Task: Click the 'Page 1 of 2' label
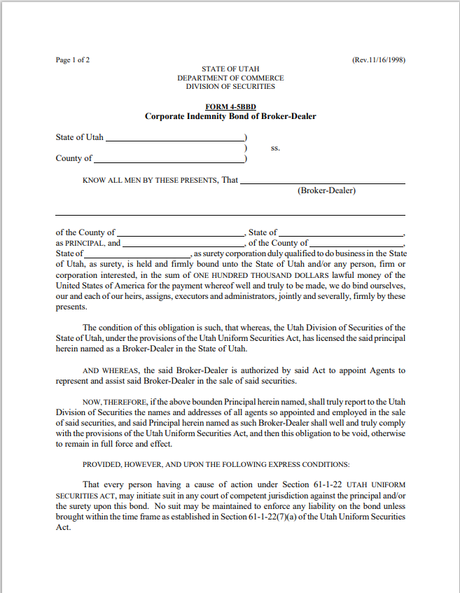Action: pos(73,60)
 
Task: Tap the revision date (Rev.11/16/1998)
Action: pos(379,60)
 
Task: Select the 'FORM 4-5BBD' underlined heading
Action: pos(230,106)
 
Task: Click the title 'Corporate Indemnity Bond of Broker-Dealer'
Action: pos(230,116)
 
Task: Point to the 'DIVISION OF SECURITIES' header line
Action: pos(230,87)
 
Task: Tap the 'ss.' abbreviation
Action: pos(275,148)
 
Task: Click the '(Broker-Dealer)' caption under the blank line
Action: pos(326,190)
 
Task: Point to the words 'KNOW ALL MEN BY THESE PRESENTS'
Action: pos(150,181)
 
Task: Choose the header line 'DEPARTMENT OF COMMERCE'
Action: pos(230,78)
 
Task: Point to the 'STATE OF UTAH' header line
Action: pos(230,69)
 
